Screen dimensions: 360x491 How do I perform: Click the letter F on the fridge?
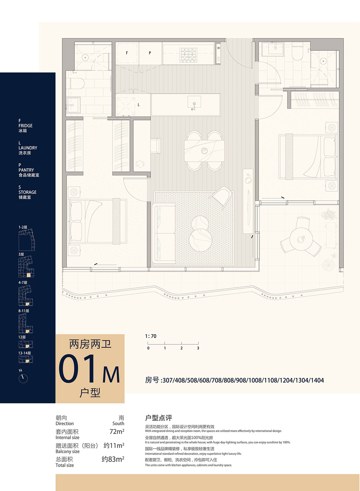pyautogui.click(x=127, y=53)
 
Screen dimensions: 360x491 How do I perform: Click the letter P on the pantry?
pyautogui.click(x=150, y=53)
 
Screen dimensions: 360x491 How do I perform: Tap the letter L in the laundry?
pyautogui.click(x=138, y=105)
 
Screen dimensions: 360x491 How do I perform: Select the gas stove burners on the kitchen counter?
pyautogui.click(x=188, y=54)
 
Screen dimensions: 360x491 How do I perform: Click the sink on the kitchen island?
pyautogui.click(x=194, y=102)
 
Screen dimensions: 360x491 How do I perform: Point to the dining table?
pyautogui.click(x=204, y=151)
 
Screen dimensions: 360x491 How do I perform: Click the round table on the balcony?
pyautogui.click(x=301, y=239)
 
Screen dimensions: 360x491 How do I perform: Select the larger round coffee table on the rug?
pyautogui.click(x=201, y=240)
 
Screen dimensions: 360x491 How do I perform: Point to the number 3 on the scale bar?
pyautogui.click(x=198, y=348)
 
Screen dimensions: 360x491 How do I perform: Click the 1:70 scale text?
pyautogui.click(x=151, y=336)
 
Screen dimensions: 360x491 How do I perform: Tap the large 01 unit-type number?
pyautogui.click(x=77, y=369)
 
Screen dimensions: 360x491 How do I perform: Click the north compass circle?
pyautogui.click(x=23, y=379)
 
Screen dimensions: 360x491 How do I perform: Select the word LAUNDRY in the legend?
pyautogui.click(x=28, y=148)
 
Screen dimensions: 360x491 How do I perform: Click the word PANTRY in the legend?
pyautogui.click(x=26, y=170)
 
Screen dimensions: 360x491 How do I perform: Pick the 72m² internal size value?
pyautogui.click(x=117, y=432)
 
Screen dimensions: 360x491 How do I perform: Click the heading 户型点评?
pyautogui.click(x=158, y=418)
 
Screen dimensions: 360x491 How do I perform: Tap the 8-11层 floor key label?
pyautogui.click(x=24, y=311)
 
